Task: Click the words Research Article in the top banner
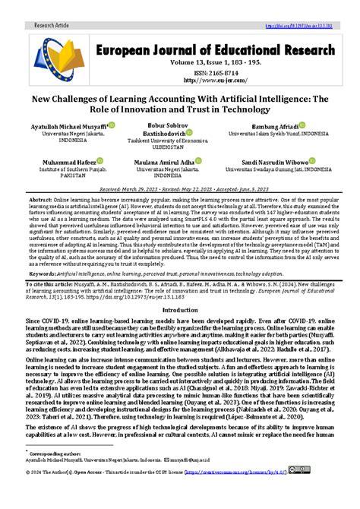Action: pyautogui.click(x=51, y=25)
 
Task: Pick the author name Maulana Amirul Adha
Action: pyautogui.click(x=173, y=162)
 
